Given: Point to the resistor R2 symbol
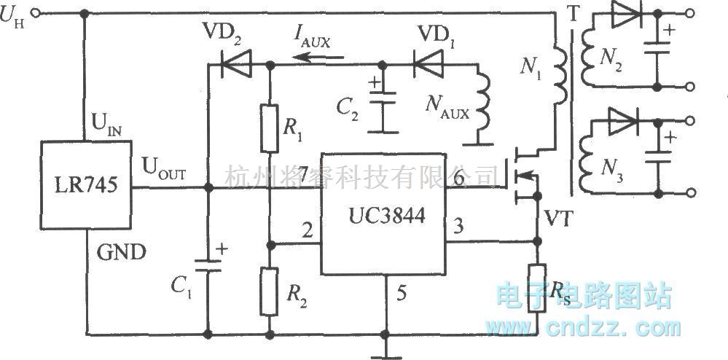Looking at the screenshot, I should [x=270, y=289].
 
